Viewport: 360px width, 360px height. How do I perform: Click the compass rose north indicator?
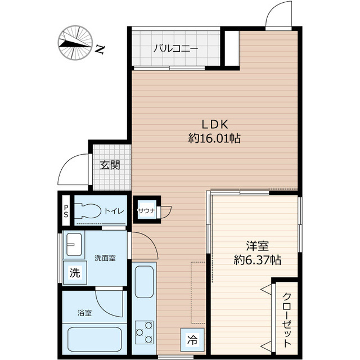pyautogui.click(x=75, y=43)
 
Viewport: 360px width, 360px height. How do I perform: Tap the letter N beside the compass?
pyautogui.click(x=100, y=49)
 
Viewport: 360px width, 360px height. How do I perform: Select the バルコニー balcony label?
pyautogui.click(x=176, y=49)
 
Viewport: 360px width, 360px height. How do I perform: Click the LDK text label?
pyautogui.click(x=215, y=124)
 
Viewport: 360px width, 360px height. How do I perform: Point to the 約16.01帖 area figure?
pyautogui.click(x=214, y=138)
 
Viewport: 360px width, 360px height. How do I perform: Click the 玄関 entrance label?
pyautogui.click(x=110, y=165)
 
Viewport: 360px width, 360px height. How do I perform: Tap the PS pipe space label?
pyautogui.click(x=66, y=211)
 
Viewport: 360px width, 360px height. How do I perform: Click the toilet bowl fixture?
pyautogui.click(x=88, y=210)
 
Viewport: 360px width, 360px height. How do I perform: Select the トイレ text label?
pyautogui.click(x=114, y=211)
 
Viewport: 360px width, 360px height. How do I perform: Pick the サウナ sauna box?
pyautogui.click(x=147, y=209)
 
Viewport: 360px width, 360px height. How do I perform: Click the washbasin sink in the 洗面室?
pyautogui.click(x=74, y=245)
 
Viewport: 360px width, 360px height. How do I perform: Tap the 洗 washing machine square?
pyautogui.click(x=75, y=273)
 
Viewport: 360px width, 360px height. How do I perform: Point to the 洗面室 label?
pyautogui.click(x=105, y=258)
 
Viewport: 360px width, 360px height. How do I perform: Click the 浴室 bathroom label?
pyautogui.click(x=85, y=313)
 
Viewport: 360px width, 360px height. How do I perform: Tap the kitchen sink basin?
pyautogui.click(x=144, y=282)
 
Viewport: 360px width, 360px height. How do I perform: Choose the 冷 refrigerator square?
pyautogui.click(x=192, y=340)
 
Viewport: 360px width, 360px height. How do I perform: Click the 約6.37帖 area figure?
pyautogui.click(x=258, y=260)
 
